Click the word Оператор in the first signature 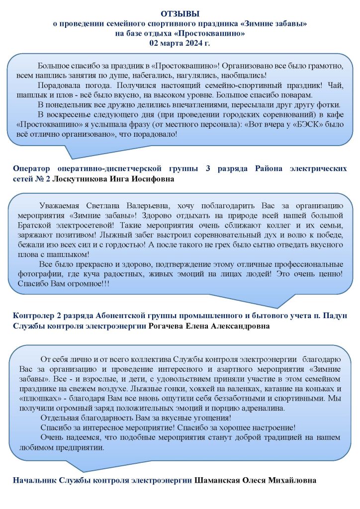point(32,169)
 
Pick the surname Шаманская point(217,481)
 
